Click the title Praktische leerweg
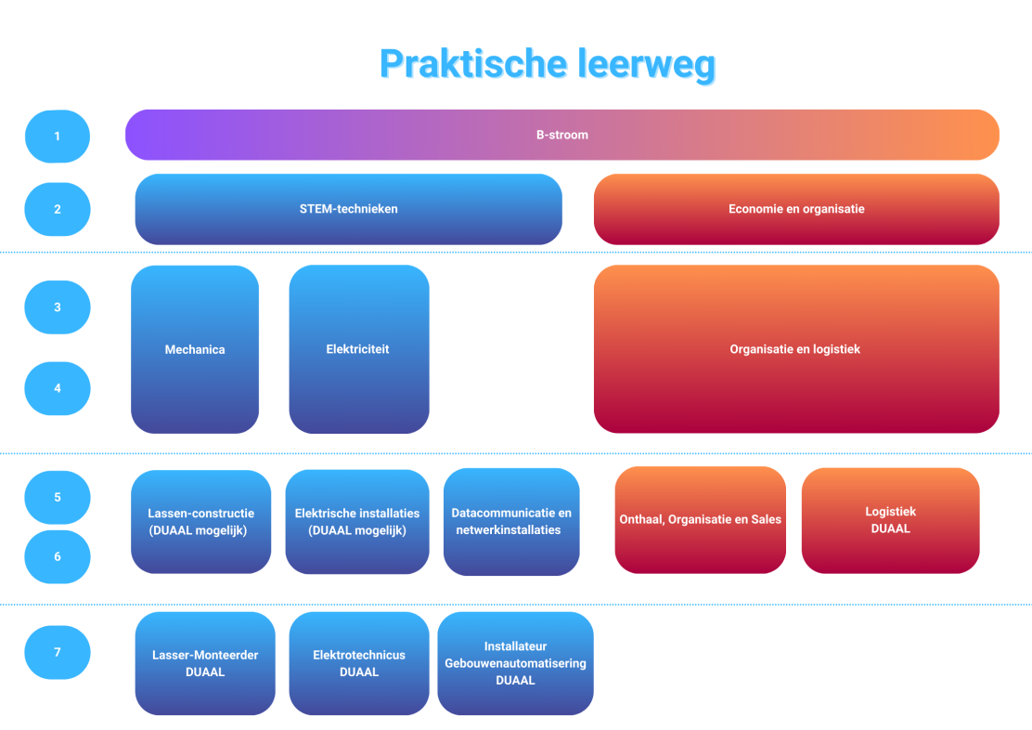tap(548, 65)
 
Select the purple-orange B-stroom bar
tap(562, 135)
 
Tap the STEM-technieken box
tap(349, 210)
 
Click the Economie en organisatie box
tap(796, 210)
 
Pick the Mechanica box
tap(195, 349)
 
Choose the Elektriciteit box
tap(359, 349)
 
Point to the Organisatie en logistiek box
tap(796, 349)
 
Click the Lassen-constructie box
tap(200, 522)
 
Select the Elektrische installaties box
tap(357, 522)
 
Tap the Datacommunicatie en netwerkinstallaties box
tap(511, 522)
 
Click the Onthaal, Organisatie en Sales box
tap(701, 520)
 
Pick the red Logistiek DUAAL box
tap(891, 520)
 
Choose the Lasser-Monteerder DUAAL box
tap(205, 663)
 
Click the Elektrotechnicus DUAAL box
tap(359, 663)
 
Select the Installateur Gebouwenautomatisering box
tap(515, 663)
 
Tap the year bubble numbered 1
tap(58, 137)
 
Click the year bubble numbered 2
tap(58, 210)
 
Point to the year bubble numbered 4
tap(58, 389)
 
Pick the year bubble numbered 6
tap(58, 556)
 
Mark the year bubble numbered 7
tap(58, 652)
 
